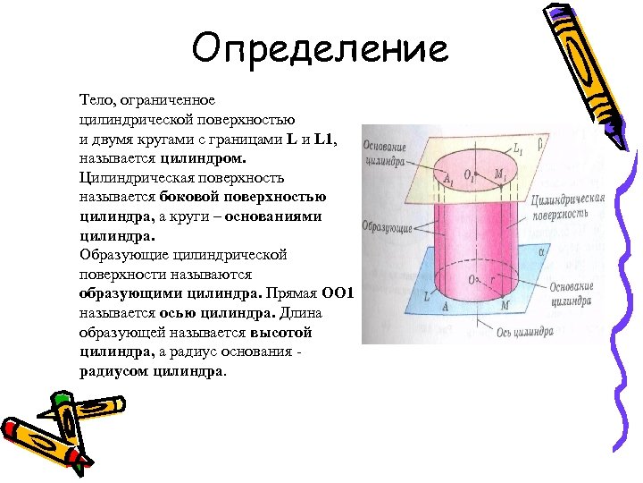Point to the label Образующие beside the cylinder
(x=387, y=228)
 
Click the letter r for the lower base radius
(x=492, y=279)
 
